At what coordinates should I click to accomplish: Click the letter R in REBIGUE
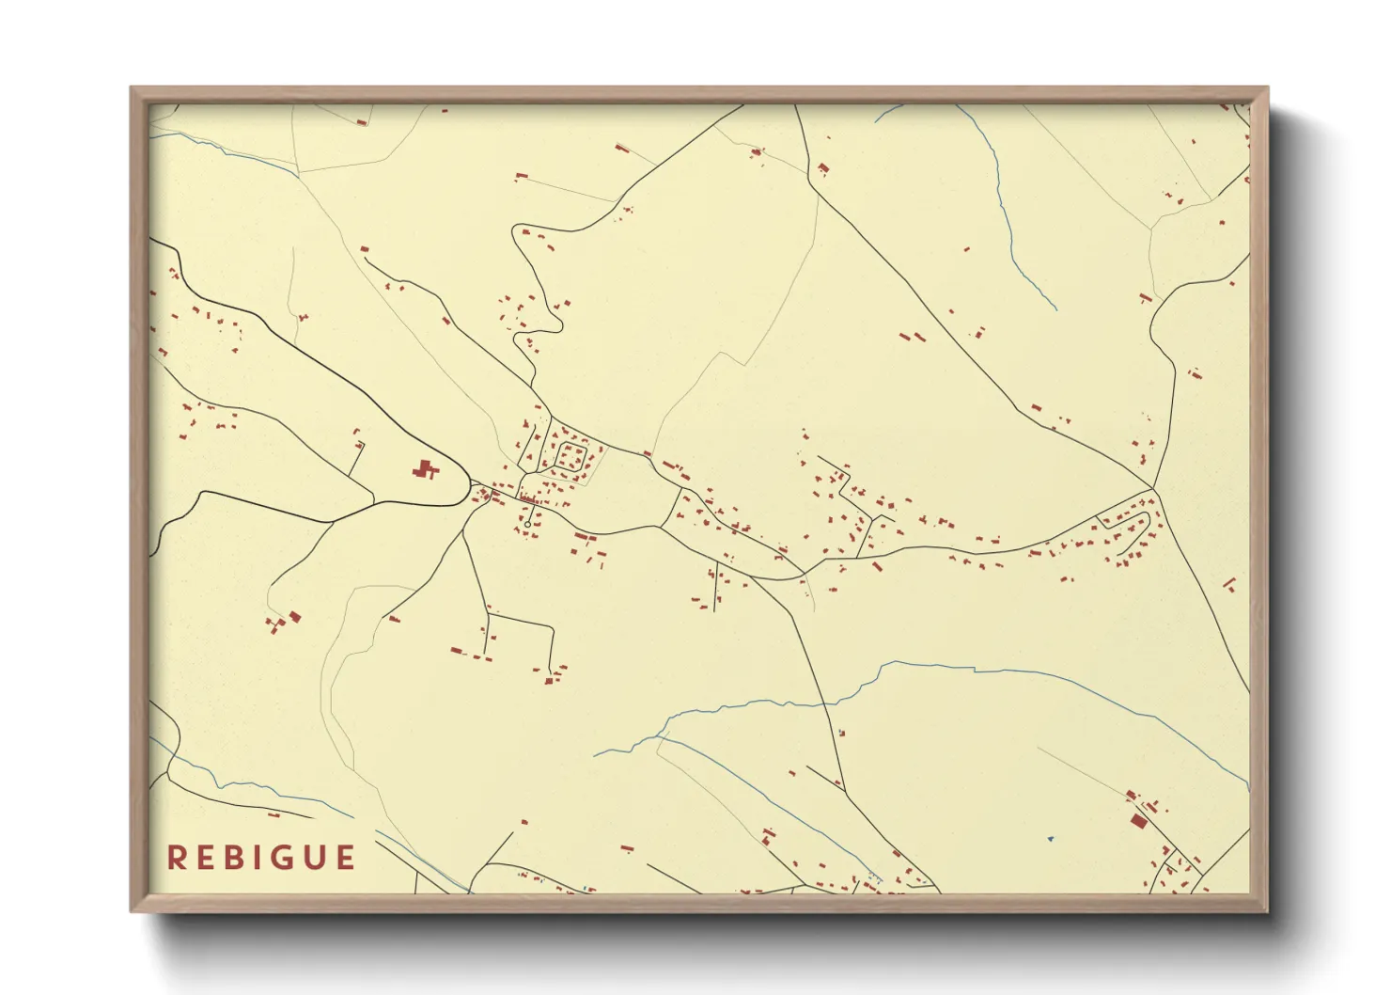pos(176,858)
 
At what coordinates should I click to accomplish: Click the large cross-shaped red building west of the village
pos(426,468)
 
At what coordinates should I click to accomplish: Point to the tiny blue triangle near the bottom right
pos(1050,838)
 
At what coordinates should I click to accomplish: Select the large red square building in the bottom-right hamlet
pos(1139,821)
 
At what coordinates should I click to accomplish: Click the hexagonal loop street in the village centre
pos(570,458)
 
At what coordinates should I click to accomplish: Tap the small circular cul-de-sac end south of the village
pos(527,525)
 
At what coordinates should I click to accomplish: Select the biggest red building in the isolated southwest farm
pos(294,617)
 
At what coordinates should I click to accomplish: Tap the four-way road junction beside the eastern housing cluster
pos(1154,489)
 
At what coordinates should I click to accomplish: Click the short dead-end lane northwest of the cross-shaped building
pos(357,456)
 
